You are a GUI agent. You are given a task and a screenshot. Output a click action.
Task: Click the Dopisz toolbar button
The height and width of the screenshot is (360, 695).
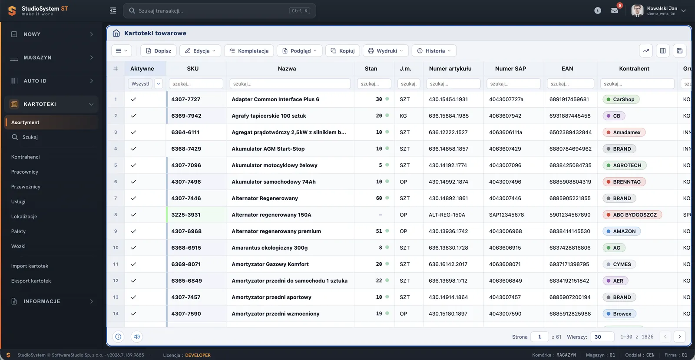(158, 50)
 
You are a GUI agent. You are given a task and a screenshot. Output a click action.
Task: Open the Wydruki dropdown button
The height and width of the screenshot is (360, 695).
(385, 50)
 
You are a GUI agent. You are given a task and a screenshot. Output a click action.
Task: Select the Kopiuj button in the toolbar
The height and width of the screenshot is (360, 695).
(343, 50)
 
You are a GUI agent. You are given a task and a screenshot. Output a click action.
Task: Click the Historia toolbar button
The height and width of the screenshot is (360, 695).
(434, 50)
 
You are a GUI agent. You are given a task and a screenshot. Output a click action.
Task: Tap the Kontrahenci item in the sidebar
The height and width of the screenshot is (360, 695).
(26, 157)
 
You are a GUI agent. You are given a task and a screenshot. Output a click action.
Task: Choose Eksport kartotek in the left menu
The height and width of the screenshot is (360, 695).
(31, 281)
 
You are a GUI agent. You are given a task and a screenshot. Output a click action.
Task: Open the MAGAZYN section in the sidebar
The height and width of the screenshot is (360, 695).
(51, 57)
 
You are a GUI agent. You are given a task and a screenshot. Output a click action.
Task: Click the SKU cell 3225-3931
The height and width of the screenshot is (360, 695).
(186, 215)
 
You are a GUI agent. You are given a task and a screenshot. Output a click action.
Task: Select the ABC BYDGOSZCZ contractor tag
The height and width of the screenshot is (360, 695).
(632, 215)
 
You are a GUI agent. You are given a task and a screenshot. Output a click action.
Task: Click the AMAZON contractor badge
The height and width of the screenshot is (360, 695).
(622, 231)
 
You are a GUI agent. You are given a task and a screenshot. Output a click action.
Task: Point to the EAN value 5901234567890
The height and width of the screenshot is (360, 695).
(569, 215)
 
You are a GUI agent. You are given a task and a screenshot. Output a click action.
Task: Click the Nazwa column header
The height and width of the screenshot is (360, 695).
(287, 69)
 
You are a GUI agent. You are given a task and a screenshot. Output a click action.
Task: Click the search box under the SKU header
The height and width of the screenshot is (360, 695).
(196, 84)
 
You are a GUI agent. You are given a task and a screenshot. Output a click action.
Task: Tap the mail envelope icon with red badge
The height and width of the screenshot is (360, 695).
(615, 10)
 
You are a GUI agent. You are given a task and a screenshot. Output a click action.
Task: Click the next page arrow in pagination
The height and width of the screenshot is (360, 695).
(679, 337)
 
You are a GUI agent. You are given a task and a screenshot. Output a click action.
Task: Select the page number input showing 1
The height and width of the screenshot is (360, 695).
(539, 337)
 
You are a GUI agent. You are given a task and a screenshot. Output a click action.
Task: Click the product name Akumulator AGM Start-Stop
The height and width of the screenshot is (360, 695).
(268, 149)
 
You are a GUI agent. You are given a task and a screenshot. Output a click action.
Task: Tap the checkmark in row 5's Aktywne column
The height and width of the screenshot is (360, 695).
(133, 165)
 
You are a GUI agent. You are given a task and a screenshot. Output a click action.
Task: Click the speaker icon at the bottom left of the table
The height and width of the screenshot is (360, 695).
(136, 337)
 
